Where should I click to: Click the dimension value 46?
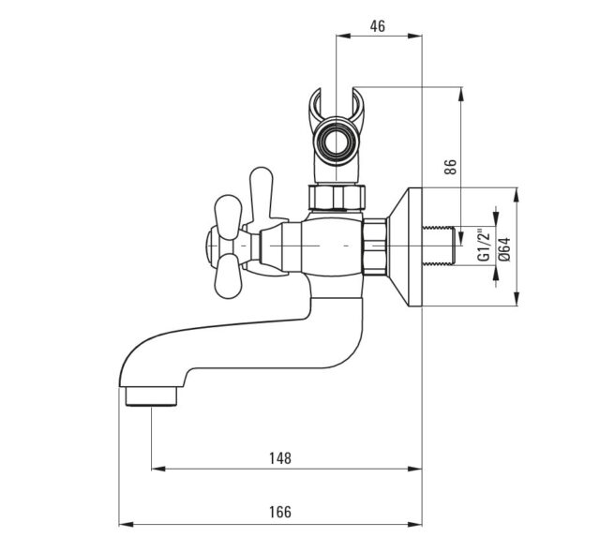tap(378, 26)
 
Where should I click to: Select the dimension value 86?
tap(450, 167)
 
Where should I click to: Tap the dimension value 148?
tap(278, 458)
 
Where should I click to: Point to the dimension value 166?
tap(278, 512)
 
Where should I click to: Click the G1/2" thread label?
tap(484, 246)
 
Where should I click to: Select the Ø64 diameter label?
tap(504, 247)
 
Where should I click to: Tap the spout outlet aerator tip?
tap(150, 397)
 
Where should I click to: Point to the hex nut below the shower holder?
tap(336, 198)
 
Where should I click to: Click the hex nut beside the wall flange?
tap(375, 247)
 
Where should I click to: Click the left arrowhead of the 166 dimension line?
tap(123, 523)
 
